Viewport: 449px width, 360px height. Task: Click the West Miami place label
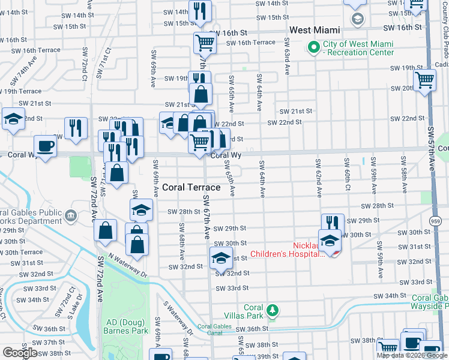click(315, 29)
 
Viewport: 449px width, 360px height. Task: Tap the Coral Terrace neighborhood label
click(191, 187)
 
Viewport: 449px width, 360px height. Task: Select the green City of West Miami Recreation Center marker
click(312, 47)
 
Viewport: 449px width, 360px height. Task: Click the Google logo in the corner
click(20, 353)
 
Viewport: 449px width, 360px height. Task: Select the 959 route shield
click(436, 221)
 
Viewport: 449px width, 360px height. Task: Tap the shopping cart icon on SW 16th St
click(205, 43)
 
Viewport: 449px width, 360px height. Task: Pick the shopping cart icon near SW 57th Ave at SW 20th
click(424, 79)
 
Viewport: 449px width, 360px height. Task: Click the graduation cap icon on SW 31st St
click(220, 258)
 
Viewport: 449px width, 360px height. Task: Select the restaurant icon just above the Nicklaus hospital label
click(333, 223)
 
